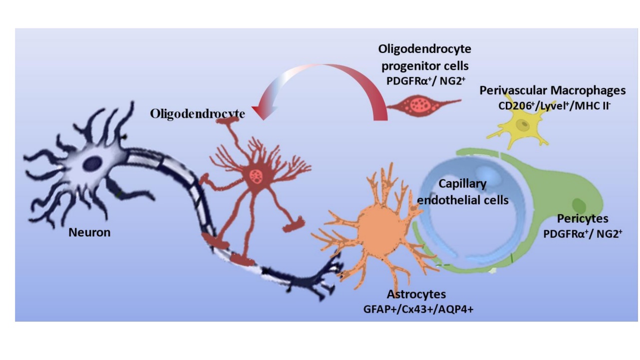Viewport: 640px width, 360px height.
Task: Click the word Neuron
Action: [x=89, y=232]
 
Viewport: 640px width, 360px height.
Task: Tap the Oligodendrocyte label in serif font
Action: [x=197, y=114]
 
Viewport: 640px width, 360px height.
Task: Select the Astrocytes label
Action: [x=416, y=294]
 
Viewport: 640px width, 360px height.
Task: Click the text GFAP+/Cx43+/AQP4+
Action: [x=418, y=310]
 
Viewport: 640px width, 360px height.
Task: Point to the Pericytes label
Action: [x=583, y=219]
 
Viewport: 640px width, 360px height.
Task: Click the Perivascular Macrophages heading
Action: [x=552, y=91]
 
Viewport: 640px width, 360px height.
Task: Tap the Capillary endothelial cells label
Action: [x=462, y=192]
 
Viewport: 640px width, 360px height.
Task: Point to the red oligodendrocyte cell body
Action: [x=257, y=175]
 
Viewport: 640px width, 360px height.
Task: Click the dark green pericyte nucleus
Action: [x=579, y=204]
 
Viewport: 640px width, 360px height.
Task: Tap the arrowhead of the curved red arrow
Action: [x=260, y=112]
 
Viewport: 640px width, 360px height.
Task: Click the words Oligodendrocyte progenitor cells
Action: [x=424, y=57]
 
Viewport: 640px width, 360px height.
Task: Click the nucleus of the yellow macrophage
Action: [x=523, y=124]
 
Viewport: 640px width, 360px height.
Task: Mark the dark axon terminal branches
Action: [x=324, y=280]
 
